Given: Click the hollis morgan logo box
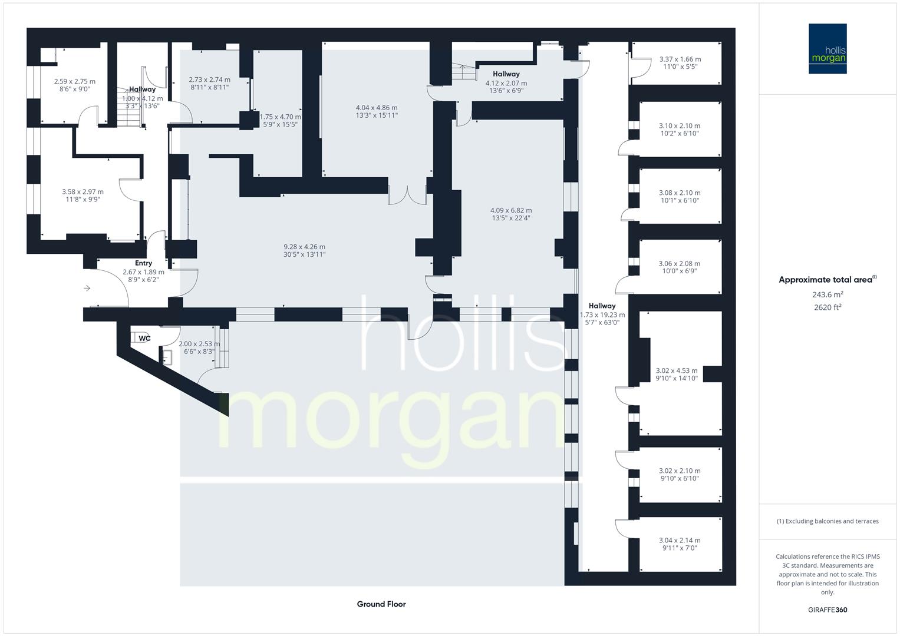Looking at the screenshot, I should coord(828,48).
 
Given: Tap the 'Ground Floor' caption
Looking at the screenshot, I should coord(381,604).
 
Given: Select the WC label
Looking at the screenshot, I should coord(144,338).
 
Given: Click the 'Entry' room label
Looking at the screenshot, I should coord(143,263).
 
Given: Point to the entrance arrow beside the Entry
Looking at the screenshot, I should coord(87,288).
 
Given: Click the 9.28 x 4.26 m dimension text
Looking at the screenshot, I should coord(304,247).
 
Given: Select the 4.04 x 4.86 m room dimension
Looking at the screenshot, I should coord(377,108).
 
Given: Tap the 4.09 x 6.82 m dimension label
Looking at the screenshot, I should coord(511,210).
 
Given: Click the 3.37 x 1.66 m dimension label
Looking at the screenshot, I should coord(680,59).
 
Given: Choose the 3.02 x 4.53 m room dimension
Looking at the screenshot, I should coord(677,371).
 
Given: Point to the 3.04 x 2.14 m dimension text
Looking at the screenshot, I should coord(680,540).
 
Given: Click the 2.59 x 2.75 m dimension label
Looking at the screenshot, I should coord(74,82).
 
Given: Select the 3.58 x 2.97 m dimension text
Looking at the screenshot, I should coord(83,191).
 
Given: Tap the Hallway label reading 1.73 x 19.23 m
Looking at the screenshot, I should coord(602,314).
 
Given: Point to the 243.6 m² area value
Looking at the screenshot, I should coord(828,294).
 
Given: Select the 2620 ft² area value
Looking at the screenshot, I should coord(828,307).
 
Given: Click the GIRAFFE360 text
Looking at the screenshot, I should coord(828,609).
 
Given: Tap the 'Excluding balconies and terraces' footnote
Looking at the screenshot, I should coord(828,521).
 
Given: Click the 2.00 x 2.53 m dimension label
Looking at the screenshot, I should coord(199,344).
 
